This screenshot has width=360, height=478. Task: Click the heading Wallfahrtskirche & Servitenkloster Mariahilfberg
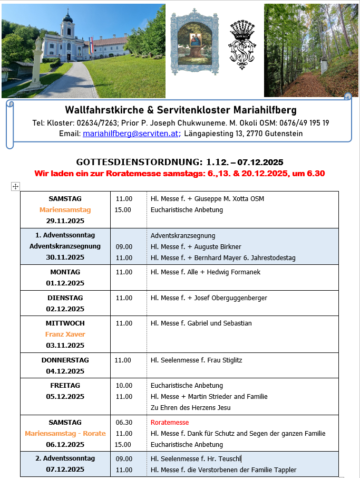181,110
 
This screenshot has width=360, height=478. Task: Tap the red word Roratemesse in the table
169,422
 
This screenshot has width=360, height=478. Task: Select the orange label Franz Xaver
65,334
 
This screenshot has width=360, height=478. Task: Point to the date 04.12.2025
65,371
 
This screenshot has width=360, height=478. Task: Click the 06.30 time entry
123,422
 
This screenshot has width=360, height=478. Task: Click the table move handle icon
15,186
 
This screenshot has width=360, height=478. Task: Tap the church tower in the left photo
67,29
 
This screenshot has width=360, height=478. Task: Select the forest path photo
310,50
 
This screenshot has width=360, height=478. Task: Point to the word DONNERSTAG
65,360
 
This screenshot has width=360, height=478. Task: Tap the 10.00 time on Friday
123,385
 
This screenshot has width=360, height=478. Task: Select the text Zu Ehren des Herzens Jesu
190,407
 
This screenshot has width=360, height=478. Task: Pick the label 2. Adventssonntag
65,458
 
